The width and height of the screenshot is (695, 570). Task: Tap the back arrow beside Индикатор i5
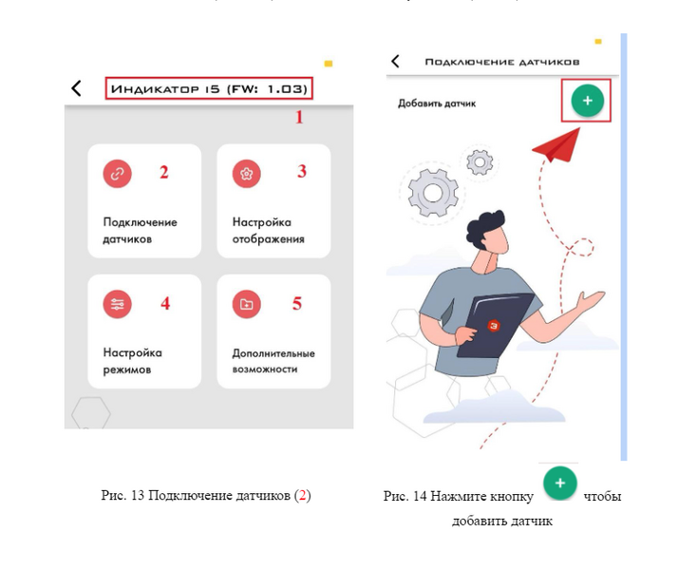(76, 88)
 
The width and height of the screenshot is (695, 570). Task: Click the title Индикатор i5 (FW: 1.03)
(209, 88)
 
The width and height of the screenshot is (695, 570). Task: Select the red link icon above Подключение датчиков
(118, 174)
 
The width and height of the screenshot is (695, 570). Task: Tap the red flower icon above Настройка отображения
(247, 174)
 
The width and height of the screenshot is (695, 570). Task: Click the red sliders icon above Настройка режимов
(118, 304)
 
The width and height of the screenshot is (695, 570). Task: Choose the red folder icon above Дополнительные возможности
(247, 304)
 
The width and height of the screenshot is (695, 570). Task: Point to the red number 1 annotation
(300, 117)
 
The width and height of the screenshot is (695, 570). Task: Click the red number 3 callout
(302, 171)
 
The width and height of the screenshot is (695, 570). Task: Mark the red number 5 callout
(297, 303)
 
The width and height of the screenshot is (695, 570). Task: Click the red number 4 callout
(165, 303)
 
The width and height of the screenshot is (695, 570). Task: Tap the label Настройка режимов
(133, 361)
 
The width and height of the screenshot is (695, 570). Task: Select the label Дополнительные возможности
(273, 361)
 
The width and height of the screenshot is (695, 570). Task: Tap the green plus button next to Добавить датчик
(588, 101)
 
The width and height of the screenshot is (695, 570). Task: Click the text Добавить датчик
(437, 104)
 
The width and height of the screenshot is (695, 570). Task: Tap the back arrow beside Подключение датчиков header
(395, 61)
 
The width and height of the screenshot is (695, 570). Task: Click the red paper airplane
(557, 145)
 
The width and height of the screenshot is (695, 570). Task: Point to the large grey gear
(433, 193)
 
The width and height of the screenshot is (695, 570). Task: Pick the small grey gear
(479, 162)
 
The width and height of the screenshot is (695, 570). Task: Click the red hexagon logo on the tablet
(494, 326)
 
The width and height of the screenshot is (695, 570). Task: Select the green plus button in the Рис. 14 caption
(560, 483)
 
